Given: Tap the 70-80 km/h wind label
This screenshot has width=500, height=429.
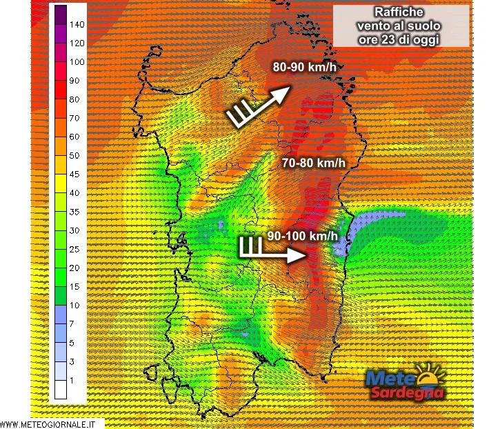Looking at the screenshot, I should pos(313,163).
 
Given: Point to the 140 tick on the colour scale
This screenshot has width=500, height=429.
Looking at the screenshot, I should pos(77,25).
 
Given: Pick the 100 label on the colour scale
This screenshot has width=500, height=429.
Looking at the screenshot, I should pos(77,62).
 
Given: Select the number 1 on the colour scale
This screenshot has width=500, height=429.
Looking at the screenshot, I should pos(71,380).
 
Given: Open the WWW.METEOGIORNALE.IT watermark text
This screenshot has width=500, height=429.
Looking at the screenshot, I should pos(52,423).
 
